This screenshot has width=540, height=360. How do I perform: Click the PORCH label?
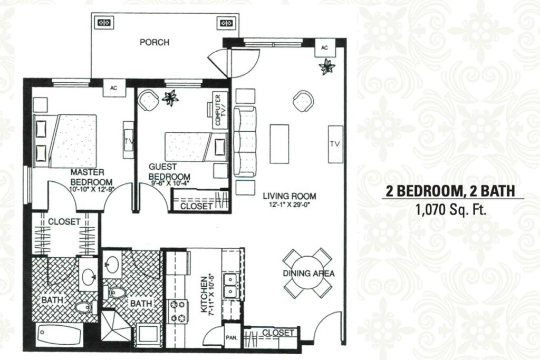pyautogui.click(x=155, y=42)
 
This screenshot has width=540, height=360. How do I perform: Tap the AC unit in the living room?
pyautogui.click(x=324, y=48)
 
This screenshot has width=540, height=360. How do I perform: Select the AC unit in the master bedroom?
pyautogui.click(x=114, y=88)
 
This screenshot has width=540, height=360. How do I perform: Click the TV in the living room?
pyautogui.click(x=334, y=144)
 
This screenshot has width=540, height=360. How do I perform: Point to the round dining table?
pyautogui.click(x=308, y=273)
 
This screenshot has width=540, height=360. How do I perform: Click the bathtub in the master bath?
pyautogui.click(x=59, y=334)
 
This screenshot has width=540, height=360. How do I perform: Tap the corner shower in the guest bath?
pyautogui.click(x=117, y=325)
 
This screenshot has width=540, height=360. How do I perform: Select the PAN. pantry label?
pyautogui.click(x=232, y=338)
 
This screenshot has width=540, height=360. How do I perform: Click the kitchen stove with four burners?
pyautogui.click(x=178, y=312)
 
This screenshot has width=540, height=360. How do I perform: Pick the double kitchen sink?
pyautogui.click(x=230, y=286)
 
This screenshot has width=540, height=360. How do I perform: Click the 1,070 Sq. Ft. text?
pyautogui.click(x=451, y=210)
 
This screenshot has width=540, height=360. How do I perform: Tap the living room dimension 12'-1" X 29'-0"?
pyautogui.click(x=290, y=206)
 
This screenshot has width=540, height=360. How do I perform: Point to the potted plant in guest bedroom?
pyautogui.click(x=170, y=98)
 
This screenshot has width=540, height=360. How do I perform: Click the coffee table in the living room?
pyautogui.click(x=279, y=144)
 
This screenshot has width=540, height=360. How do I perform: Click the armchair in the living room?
pyautogui.click(x=303, y=100)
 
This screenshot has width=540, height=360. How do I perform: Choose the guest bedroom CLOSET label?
pyautogui.click(x=196, y=206)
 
